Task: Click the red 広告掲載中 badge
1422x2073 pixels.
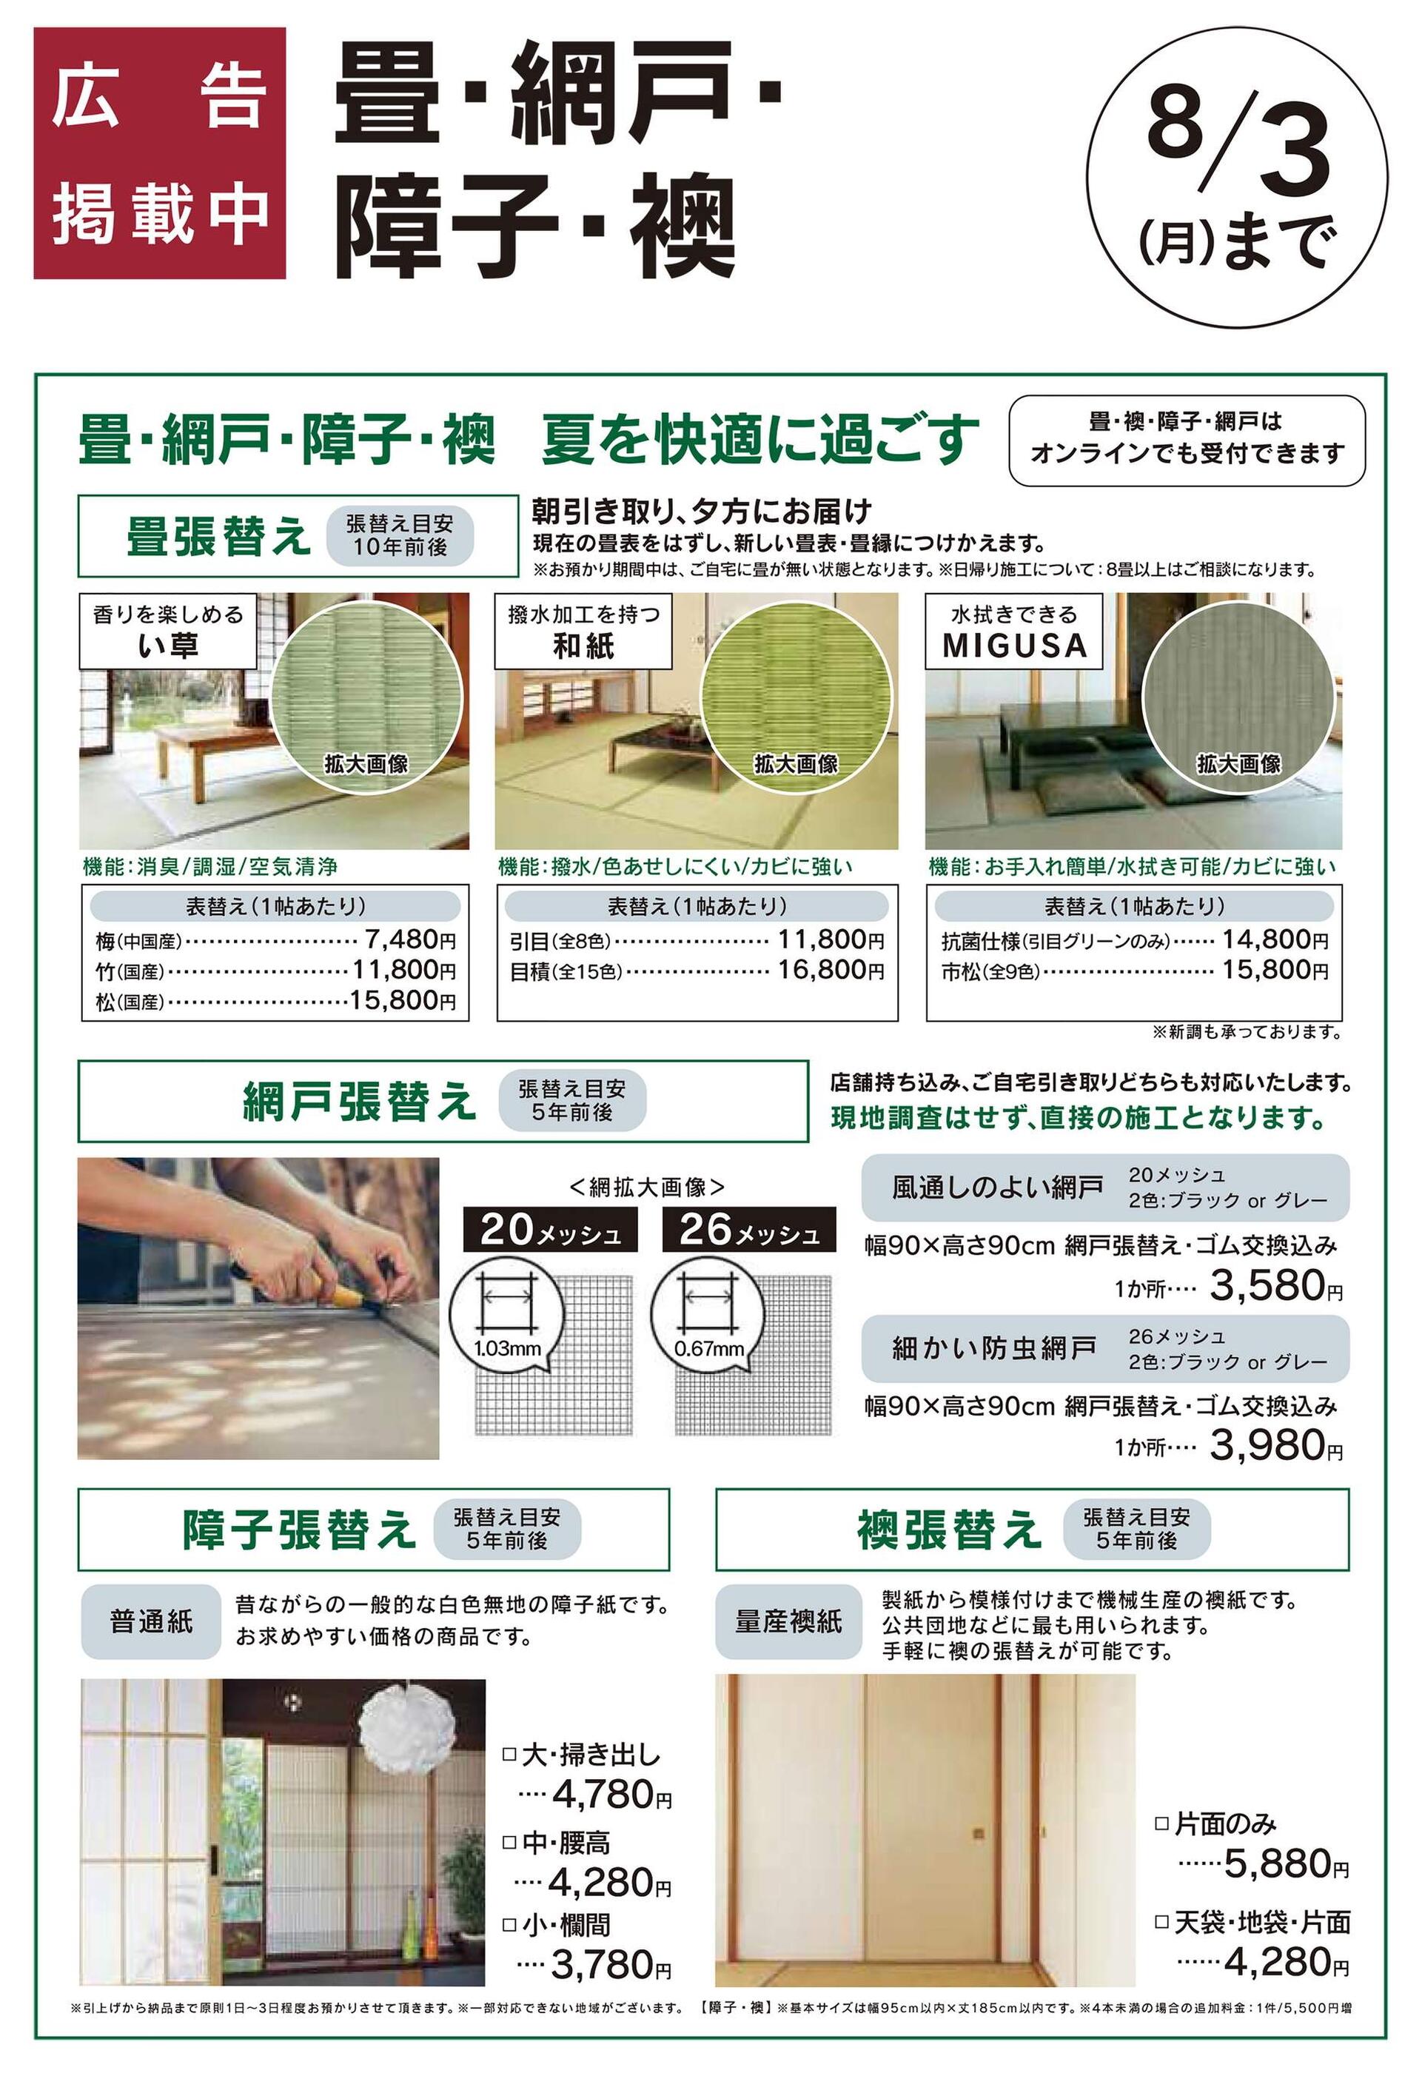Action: [160, 153]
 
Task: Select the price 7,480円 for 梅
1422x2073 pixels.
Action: [410, 940]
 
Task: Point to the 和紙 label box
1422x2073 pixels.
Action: [583, 631]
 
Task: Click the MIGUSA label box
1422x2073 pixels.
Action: [1014, 631]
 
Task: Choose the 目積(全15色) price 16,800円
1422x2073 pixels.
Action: [831, 970]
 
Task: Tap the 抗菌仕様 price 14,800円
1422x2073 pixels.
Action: [1275, 940]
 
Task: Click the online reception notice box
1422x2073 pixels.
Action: [1187, 441]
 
